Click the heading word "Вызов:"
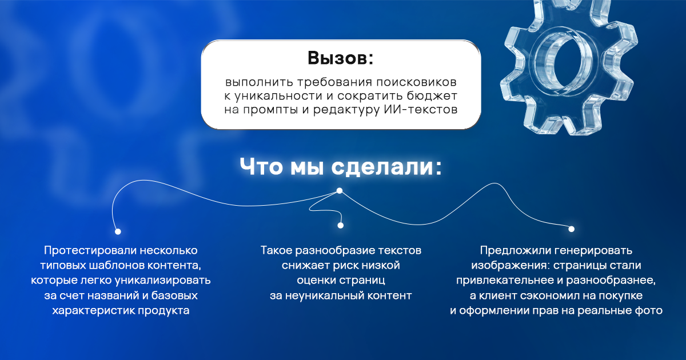point(341,58)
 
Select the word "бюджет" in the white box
point(432,95)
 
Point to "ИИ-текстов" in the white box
point(421,109)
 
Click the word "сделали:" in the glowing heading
point(387,167)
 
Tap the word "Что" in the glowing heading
point(261,167)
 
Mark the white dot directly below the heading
point(340,191)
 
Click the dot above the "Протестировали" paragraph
point(118,231)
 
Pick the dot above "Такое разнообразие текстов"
point(341,225)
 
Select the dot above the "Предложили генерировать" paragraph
point(572,229)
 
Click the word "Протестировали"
point(90,250)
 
